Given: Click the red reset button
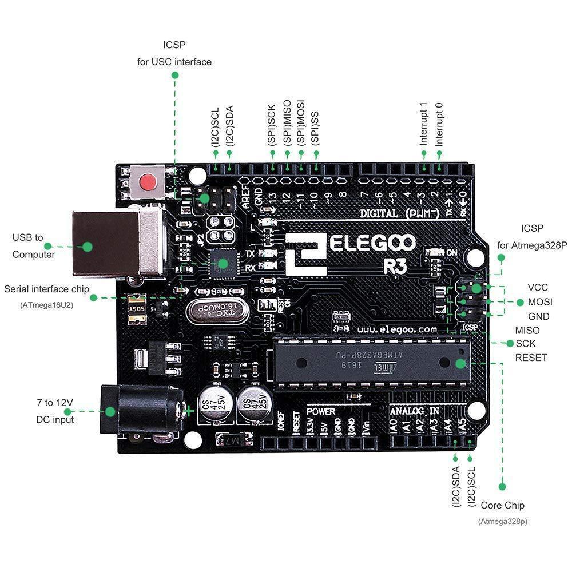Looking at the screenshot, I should (149, 183).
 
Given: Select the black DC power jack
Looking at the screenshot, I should (140, 411).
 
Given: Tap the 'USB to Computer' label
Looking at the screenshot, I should (34, 246).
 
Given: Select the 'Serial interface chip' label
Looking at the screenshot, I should (46, 289).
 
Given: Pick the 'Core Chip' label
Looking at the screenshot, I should (502, 505).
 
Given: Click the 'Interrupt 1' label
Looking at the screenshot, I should (424, 124).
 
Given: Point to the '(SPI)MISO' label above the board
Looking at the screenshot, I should (287, 129).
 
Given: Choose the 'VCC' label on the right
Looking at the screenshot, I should (538, 287).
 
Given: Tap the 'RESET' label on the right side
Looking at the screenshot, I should (531, 357).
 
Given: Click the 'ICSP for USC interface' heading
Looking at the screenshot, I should (174, 53).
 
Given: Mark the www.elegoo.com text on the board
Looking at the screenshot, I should (396, 330).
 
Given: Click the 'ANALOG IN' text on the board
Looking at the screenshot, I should (415, 411).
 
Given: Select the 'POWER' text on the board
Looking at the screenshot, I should (321, 411).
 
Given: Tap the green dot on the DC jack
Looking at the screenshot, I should (109, 411).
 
